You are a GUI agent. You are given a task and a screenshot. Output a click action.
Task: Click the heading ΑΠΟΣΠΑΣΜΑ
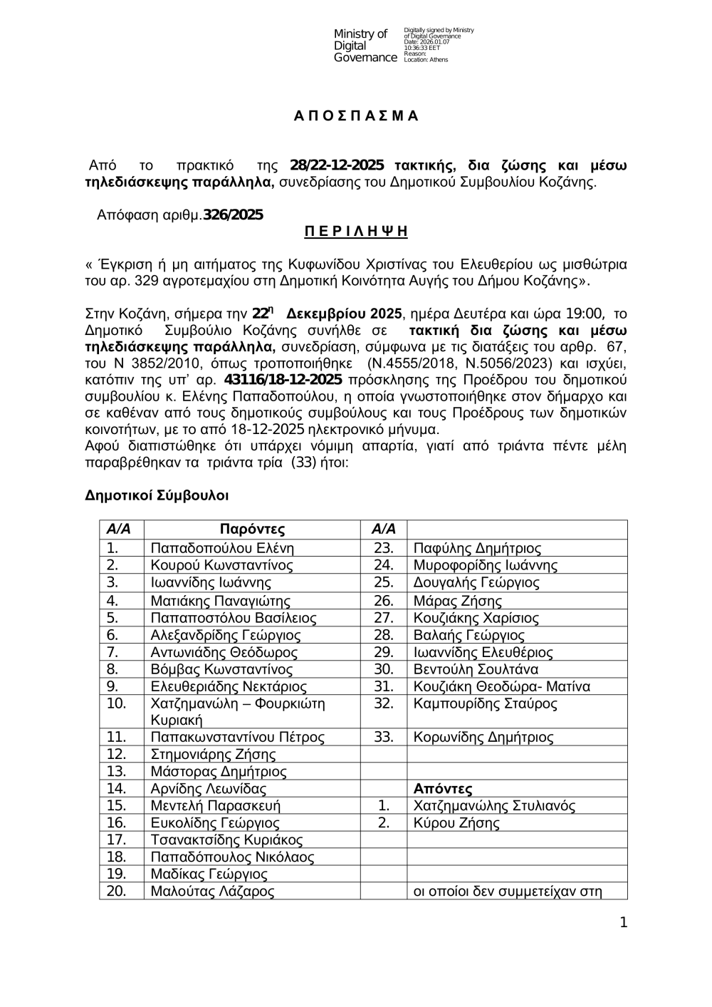click(x=356, y=116)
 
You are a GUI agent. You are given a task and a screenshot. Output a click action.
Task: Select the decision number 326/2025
click(x=233, y=215)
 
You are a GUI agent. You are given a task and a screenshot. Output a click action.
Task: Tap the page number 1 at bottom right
click(x=624, y=923)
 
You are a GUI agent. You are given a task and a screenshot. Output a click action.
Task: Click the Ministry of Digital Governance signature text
click(x=365, y=46)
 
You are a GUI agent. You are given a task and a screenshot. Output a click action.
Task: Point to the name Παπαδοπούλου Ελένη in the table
click(x=212, y=548)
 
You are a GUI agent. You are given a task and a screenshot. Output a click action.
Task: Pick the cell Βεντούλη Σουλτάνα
click(x=476, y=669)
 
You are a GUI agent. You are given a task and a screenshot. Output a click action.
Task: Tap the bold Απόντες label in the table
click(x=443, y=788)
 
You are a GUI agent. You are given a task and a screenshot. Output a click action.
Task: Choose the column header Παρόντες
click(x=252, y=530)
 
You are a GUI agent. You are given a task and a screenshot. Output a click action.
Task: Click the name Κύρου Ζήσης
click(x=456, y=823)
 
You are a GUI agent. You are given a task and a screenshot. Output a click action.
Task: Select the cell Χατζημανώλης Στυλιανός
click(x=494, y=806)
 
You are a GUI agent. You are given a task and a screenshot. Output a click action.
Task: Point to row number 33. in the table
click(x=384, y=738)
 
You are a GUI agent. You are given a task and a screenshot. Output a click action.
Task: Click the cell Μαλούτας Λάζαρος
click(x=212, y=892)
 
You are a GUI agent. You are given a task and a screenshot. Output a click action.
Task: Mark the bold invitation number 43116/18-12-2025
click(x=283, y=378)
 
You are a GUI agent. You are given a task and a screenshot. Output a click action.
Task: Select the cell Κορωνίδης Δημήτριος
click(x=483, y=738)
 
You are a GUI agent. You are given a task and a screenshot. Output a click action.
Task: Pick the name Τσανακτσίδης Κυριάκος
click(x=226, y=840)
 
